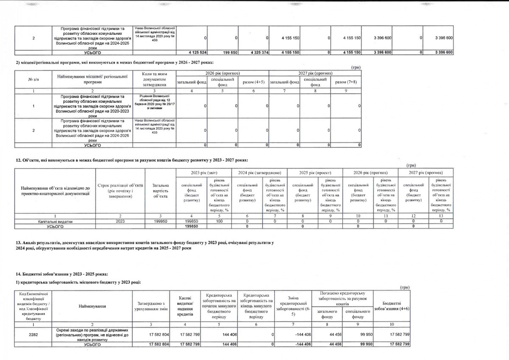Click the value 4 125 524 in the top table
click(198, 52)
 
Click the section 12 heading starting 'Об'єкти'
click(131, 160)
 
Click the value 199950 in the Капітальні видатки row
click(160, 221)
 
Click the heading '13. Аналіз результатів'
click(144, 242)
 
